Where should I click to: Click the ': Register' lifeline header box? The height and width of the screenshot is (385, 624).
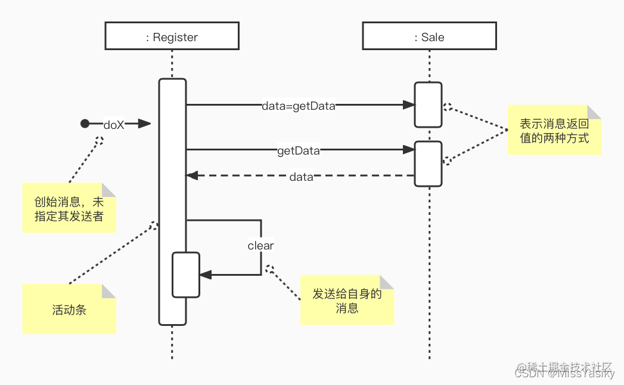coord(172,37)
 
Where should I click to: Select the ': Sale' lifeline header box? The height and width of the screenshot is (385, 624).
coord(429,37)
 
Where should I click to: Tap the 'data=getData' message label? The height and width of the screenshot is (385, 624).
coord(299,106)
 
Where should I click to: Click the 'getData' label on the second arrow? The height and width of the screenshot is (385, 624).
coord(299,151)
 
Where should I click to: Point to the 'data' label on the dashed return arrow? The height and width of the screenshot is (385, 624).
coord(301,177)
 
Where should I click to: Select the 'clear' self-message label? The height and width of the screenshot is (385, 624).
coord(260,245)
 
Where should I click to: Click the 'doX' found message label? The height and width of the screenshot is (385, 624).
coord(114,124)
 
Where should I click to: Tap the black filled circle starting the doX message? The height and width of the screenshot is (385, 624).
coord(85,124)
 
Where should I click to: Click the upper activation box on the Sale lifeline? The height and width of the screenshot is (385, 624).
coord(429,104)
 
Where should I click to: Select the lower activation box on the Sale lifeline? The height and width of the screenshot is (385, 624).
coord(429,163)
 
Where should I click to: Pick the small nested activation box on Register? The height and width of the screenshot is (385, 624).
coord(185,275)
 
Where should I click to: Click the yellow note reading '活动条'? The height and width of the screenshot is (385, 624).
coord(69,309)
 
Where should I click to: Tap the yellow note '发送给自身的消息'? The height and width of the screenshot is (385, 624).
coord(347,300)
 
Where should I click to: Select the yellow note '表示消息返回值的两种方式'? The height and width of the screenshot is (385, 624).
coord(554,130)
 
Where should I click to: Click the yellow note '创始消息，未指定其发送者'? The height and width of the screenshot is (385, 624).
coord(69,208)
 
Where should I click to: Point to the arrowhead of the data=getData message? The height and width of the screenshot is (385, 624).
coord(409,105)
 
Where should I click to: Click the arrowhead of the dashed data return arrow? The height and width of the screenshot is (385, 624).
coord(192,175)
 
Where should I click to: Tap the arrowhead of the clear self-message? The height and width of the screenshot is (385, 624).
coord(206,275)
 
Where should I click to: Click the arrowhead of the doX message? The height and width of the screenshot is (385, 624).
coord(145,124)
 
